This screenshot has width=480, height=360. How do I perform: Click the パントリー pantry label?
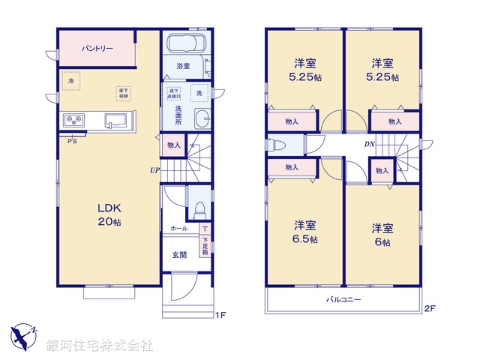[x=97, y=48]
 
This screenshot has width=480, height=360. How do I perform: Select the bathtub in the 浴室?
[x=187, y=45]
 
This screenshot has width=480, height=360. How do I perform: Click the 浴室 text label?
[x=182, y=67]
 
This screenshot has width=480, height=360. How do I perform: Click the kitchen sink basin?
[x=116, y=120]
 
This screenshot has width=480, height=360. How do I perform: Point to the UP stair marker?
[x=154, y=169]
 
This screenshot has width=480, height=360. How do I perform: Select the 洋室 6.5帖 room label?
[x=305, y=231]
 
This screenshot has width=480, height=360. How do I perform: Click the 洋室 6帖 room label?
[x=382, y=232]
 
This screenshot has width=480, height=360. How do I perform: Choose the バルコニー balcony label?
[x=343, y=300]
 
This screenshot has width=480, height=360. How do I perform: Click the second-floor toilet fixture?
[x=277, y=145]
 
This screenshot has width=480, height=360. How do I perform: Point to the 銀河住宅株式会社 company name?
[x=100, y=346]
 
